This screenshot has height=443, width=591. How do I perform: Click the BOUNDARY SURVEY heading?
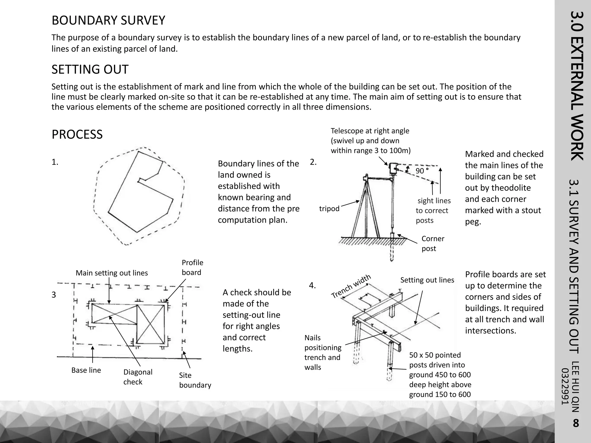coord(108,20)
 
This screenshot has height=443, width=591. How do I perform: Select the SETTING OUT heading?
coord(90,70)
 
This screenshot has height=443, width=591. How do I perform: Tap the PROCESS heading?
coord(77,135)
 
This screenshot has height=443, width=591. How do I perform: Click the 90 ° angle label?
coord(422,171)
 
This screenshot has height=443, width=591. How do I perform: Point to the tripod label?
coord(329,209)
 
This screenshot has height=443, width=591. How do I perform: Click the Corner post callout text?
coord(433,243)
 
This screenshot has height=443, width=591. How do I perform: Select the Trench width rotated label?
coord(351,286)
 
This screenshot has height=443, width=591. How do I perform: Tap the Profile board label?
coord(192,267)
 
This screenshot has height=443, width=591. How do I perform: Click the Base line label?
coord(86,370)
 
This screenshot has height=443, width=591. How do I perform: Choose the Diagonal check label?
coord(138,377)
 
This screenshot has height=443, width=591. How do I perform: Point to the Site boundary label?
coord(195,380)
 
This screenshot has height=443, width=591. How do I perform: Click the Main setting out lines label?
coord(112,273)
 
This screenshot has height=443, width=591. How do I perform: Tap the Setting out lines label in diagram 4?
coord(427,280)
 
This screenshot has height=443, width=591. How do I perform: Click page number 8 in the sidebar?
coord(575,423)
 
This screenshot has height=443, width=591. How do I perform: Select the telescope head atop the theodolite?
coord(393,168)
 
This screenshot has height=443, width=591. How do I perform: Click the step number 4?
coord(312,286)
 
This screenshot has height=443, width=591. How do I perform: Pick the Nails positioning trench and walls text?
coord(323,352)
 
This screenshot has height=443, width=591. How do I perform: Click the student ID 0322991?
coord(565,386)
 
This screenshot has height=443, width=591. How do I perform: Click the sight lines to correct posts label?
coord(433,211)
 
